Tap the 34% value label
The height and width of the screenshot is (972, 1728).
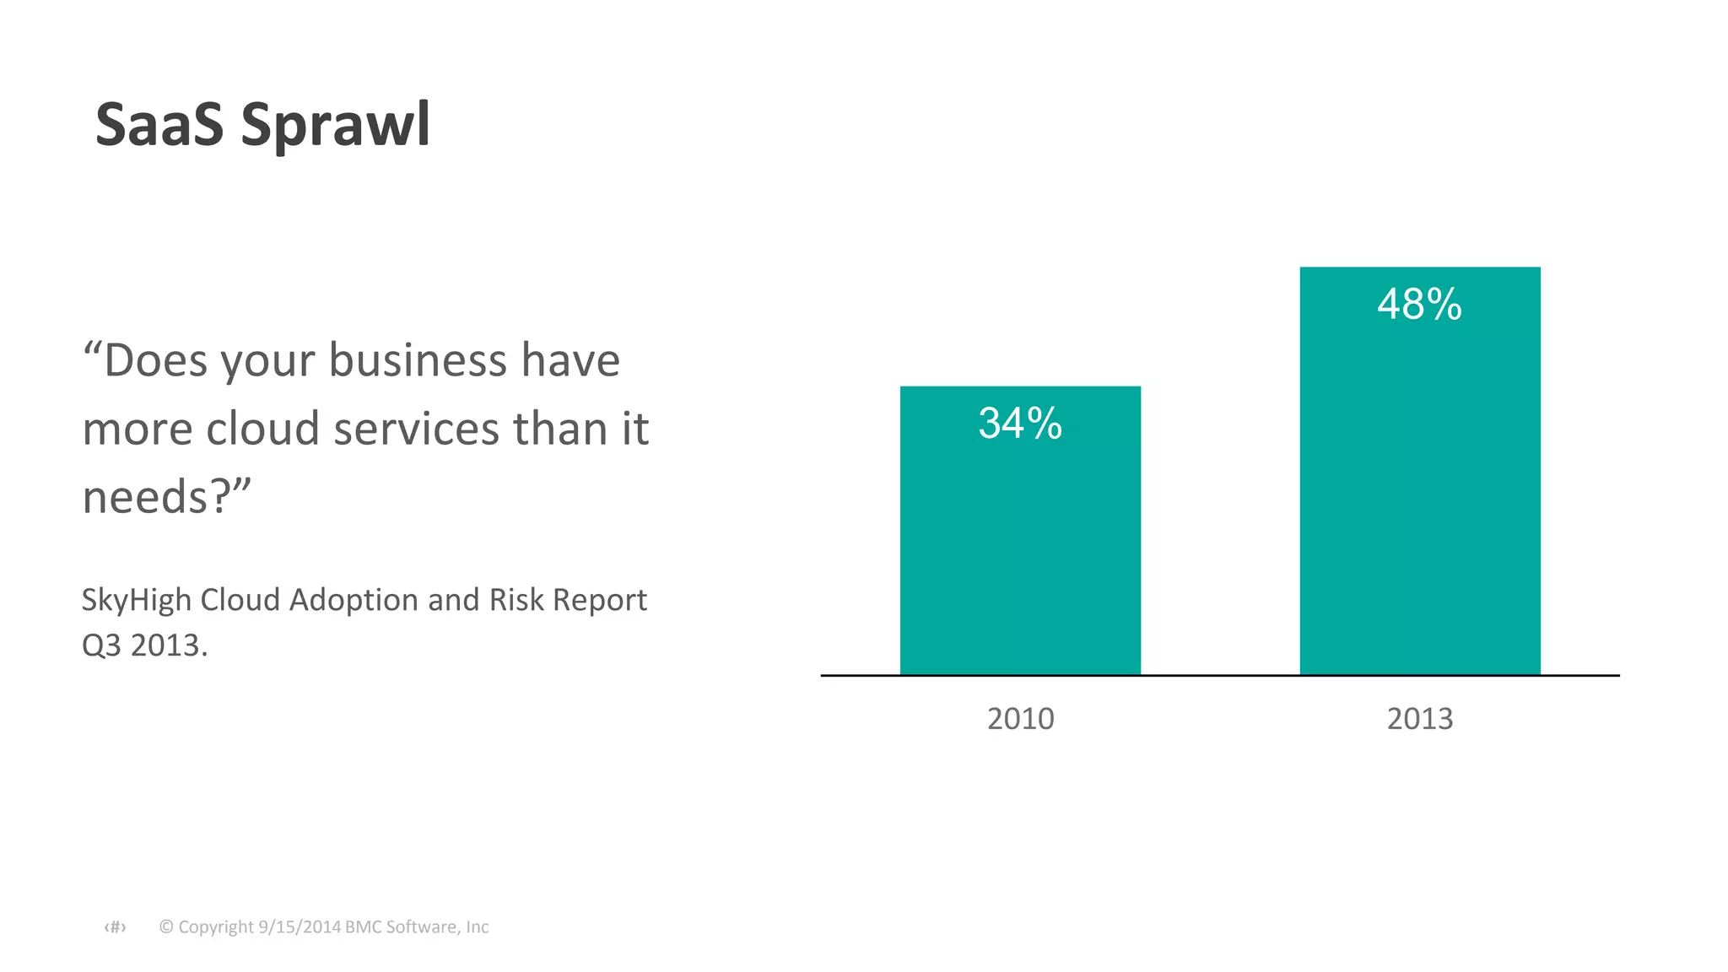click(x=1020, y=423)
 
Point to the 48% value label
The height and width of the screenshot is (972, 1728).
click(x=1419, y=304)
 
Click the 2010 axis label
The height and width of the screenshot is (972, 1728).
click(x=1020, y=719)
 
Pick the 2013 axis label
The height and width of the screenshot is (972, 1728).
click(x=1420, y=719)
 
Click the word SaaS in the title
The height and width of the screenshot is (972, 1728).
click(x=159, y=125)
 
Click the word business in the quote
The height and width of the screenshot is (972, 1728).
click(x=418, y=360)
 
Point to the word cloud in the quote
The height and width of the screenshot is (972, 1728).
click(x=262, y=429)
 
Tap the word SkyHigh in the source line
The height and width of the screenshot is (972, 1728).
click(x=136, y=601)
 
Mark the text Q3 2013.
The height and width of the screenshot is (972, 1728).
click(x=144, y=645)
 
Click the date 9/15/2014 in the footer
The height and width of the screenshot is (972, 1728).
click(x=299, y=926)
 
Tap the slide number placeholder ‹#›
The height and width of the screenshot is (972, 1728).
click(x=115, y=927)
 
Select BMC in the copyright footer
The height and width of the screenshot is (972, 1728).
click(x=362, y=926)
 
